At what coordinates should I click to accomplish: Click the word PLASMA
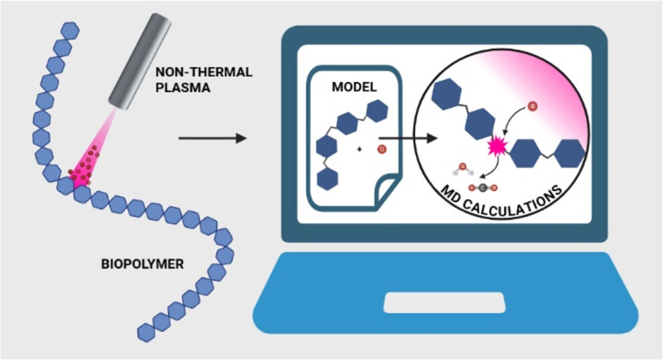(178, 87)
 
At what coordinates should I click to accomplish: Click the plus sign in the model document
(360, 150)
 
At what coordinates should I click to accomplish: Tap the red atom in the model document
(381, 149)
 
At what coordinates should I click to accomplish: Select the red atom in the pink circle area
(532, 106)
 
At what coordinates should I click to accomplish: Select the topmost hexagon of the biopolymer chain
(70, 31)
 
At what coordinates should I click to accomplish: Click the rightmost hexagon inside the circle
(569, 153)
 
